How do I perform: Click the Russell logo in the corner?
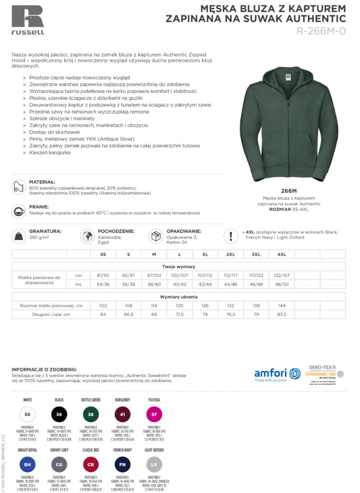pos(28,20)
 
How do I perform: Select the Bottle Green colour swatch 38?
pos(91,414)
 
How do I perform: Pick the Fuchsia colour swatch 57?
pos(154,414)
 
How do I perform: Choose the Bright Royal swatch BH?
pos(27,465)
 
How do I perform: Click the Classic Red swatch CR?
pos(91,465)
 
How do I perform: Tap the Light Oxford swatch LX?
pos(154,465)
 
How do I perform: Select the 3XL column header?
pos(255,254)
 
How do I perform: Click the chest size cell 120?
pos(179,305)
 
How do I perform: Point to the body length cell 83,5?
pos(281,314)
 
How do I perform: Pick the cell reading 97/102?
pos(154,275)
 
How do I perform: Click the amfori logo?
pos(277,374)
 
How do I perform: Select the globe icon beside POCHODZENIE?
pos(87,236)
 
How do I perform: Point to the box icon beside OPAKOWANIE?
pos(156,236)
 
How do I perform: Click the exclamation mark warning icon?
pos(231,236)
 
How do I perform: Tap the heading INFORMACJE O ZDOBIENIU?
pos(44,369)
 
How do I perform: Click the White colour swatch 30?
pos(27,414)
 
